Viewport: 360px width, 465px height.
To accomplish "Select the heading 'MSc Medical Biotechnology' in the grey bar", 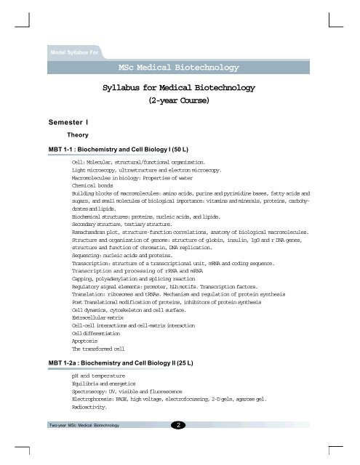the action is coord(177,68).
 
